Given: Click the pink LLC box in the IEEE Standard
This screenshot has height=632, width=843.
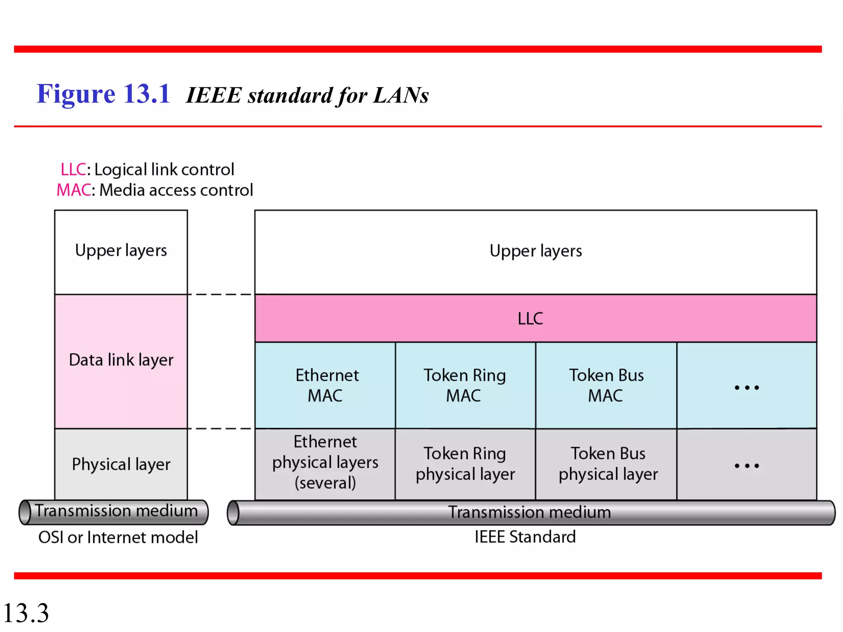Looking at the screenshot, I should click(x=535, y=318).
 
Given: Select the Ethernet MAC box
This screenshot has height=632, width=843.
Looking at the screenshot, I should click(x=325, y=385).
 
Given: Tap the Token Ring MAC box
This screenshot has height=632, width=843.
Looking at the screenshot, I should click(x=465, y=385).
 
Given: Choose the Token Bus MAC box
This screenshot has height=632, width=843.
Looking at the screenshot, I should click(x=606, y=385).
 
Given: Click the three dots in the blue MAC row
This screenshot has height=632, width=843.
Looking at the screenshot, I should click(x=746, y=387).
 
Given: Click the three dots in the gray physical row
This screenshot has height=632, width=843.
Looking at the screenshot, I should click(x=746, y=466).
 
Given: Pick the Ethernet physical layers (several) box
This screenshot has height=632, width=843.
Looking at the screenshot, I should click(x=325, y=462).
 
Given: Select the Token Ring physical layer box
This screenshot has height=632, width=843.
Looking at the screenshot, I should click(x=465, y=464).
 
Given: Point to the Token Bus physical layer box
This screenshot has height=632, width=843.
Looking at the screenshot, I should click(x=608, y=464).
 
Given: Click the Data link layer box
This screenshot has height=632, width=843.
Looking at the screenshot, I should click(x=121, y=360).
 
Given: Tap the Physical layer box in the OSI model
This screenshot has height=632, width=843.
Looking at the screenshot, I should click(x=121, y=464).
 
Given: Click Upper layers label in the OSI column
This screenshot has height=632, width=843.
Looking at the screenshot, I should click(x=121, y=250).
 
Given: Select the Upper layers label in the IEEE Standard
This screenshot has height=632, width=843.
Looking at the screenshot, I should click(x=536, y=251).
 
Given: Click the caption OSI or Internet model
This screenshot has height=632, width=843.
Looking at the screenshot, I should click(x=118, y=537).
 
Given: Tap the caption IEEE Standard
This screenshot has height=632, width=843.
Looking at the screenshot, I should click(x=525, y=537).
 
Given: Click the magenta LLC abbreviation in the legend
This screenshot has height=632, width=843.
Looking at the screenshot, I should click(x=73, y=170).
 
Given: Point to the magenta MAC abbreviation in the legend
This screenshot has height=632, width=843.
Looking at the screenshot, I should click(x=73, y=190).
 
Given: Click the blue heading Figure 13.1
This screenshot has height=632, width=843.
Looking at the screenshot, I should click(x=103, y=94).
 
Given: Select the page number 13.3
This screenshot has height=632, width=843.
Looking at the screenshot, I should click(x=26, y=613).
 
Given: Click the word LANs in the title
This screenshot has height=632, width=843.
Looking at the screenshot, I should click(x=401, y=95).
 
